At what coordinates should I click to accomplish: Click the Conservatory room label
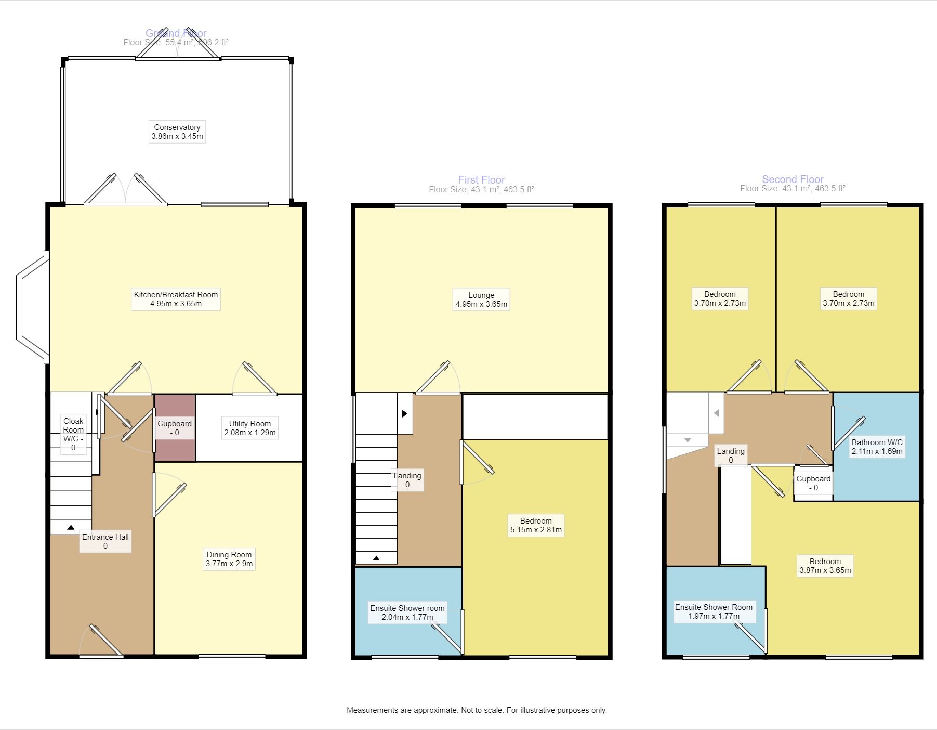[x=177, y=132]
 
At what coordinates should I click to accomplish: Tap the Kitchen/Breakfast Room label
[x=176, y=299]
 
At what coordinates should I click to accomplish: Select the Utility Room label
[x=249, y=428]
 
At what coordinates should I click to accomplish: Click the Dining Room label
[x=229, y=559]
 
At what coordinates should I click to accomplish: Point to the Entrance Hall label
[x=105, y=541]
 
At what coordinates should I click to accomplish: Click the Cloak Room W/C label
[x=73, y=434]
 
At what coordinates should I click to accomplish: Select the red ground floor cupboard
[x=175, y=428]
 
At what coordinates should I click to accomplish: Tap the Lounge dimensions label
[x=481, y=299]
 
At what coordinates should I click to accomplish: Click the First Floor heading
[x=481, y=180]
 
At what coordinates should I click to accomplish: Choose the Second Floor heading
[x=793, y=179]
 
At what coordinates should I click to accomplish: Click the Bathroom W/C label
[x=877, y=447]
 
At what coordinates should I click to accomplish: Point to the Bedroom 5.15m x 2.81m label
[x=535, y=525]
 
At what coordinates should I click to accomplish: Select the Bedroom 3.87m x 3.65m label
[x=825, y=566]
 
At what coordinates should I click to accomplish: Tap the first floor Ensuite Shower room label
[x=407, y=612]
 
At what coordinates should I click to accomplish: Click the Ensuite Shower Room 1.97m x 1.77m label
[x=714, y=611]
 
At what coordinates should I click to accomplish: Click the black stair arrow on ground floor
[x=71, y=528]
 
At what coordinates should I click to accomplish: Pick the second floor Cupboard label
[x=813, y=483]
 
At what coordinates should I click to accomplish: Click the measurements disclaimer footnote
[x=477, y=710]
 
